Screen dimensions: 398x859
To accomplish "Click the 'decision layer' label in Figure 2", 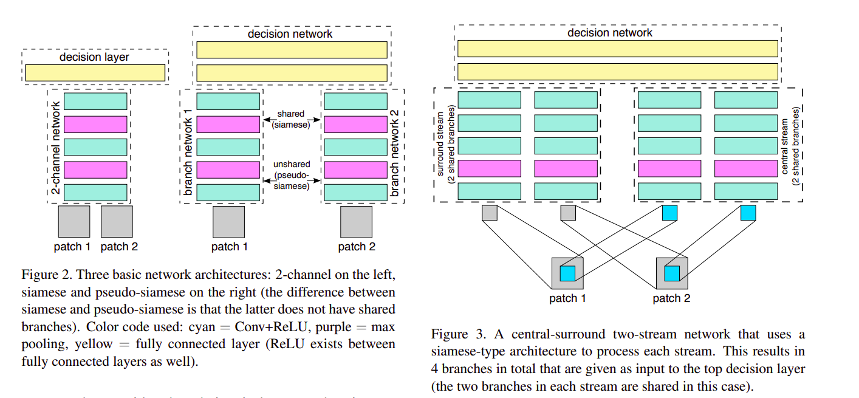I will pos(94,57).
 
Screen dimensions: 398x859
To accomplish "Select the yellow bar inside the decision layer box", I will pos(95,73).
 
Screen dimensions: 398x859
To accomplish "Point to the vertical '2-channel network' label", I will pos(55,146).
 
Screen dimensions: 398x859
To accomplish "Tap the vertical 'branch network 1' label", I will pos(188,146).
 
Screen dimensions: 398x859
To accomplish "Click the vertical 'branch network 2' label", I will pos(395,146).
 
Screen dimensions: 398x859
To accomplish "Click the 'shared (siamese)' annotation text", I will pos(291,119).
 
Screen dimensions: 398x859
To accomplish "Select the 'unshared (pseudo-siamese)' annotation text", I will pos(292,175).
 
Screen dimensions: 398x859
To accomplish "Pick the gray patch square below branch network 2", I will pos(356,222).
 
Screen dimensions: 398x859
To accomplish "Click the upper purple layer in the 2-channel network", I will pos(95,124).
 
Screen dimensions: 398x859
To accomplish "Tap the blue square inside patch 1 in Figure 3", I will pos(567,273).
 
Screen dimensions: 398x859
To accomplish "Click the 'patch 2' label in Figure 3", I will pos(671,298).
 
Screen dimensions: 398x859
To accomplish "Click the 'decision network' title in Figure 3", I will pos(610,33).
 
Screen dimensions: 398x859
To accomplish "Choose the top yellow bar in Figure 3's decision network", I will pos(617,49).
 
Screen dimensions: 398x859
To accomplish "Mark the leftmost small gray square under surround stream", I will pos(490,213).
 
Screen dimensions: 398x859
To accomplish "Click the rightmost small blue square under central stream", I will pos(748,213).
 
